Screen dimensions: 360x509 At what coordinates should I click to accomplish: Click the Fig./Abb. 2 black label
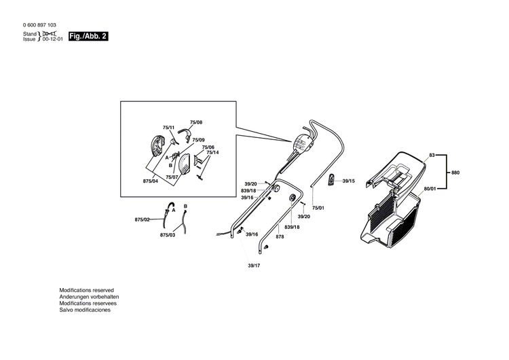(89, 36)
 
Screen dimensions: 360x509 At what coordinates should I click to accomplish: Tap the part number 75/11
(168, 127)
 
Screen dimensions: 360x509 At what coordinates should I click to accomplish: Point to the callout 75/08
(196, 122)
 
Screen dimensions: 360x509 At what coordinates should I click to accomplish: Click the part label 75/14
(212, 152)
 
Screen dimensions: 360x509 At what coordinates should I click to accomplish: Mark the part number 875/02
(142, 219)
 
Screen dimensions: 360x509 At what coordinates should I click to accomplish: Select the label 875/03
(168, 234)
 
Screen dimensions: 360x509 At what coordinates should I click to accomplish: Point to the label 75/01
(318, 207)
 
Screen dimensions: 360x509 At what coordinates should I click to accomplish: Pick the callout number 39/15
(349, 181)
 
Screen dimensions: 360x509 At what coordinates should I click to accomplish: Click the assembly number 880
(455, 173)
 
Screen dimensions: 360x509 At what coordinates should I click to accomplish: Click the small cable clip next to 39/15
(332, 179)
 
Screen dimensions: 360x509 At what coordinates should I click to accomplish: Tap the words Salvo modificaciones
(85, 309)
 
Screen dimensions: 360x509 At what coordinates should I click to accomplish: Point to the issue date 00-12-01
(54, 39)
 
